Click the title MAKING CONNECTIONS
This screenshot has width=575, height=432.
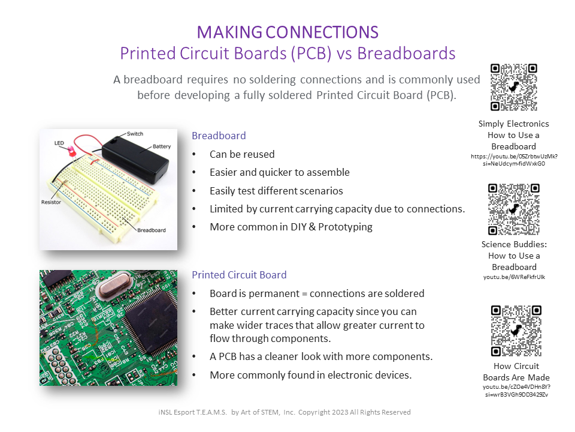(x=287, y=32)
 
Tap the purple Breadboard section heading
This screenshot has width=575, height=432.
(x=219, y=136)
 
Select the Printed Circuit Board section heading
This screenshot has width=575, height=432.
(x=239, y=275)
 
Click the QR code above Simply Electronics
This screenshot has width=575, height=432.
(x=513, y=88)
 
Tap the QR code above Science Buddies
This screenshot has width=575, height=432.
(x=513, y=208)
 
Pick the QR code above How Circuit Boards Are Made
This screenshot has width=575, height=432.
(x=516, y=331)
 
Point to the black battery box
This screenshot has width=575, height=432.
(x=134, y=157)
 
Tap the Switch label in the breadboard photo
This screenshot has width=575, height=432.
(x=135, y=134)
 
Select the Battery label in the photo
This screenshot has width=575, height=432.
(x=161, y=146)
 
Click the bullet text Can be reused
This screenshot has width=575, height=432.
(x=242, y=154)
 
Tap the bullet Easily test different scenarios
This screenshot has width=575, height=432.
(x=276, y=191)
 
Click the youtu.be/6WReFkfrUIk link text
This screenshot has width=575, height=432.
(x=514, y=277)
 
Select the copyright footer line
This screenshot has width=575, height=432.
(x=281, y=412)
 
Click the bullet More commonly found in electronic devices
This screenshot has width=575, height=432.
(x=310, y=375)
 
